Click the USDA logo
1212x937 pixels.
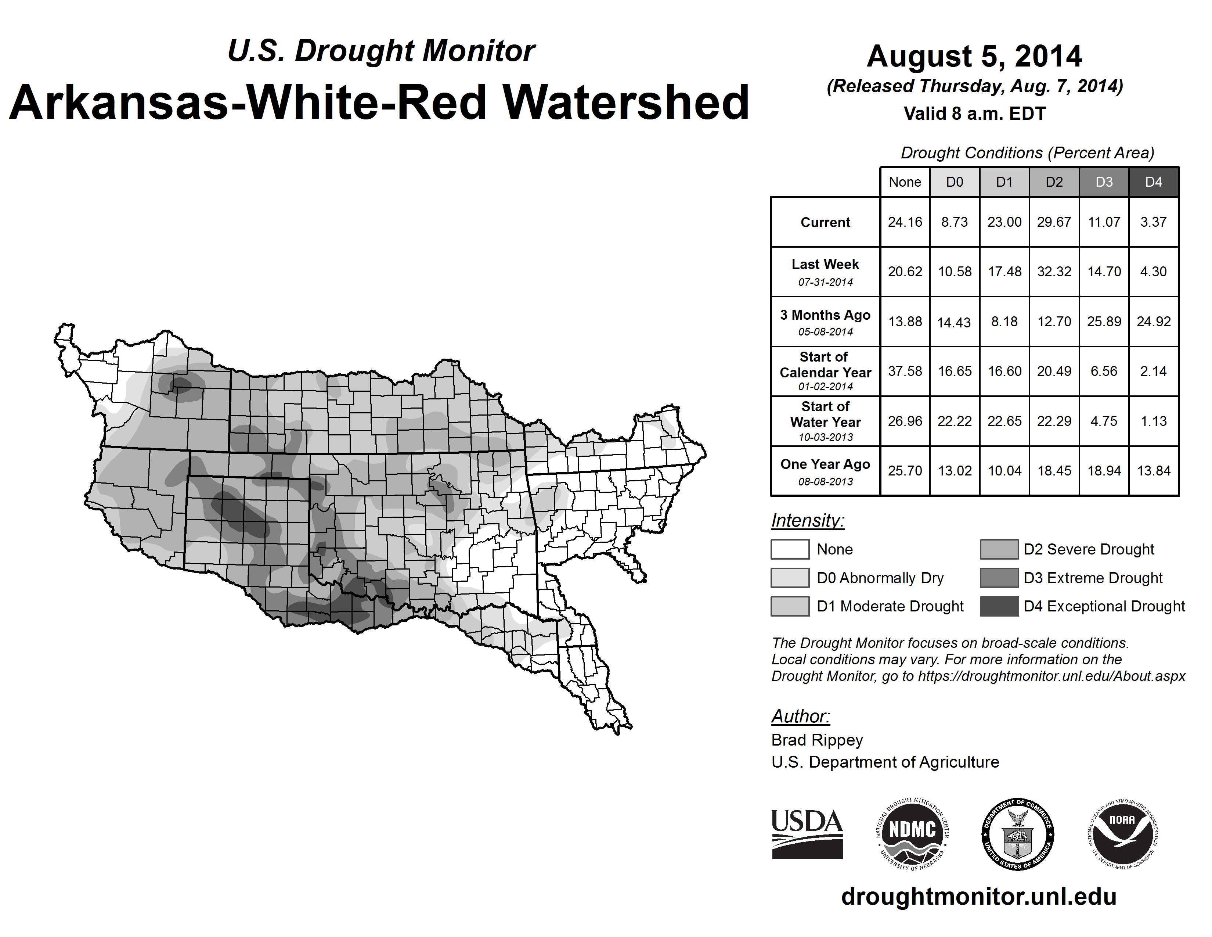807,834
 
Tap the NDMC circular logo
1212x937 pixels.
912,834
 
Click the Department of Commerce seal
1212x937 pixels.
1018,834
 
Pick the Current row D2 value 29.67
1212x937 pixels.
1054,222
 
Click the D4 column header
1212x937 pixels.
1153,182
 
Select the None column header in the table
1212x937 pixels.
905,182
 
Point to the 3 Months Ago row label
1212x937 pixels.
825,322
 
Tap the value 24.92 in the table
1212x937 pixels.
1153,322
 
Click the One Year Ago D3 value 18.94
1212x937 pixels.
1104,471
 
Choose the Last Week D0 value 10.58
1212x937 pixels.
955,272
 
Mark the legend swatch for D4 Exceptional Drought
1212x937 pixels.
999,606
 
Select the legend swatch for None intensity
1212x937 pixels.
790,549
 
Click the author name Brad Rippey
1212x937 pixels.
817,740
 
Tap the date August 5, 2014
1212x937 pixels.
974,56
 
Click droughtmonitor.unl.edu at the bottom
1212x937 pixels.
978,897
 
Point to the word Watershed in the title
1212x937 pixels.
625,103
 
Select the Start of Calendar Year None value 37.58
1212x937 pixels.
905,371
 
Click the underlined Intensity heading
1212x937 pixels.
807,521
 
